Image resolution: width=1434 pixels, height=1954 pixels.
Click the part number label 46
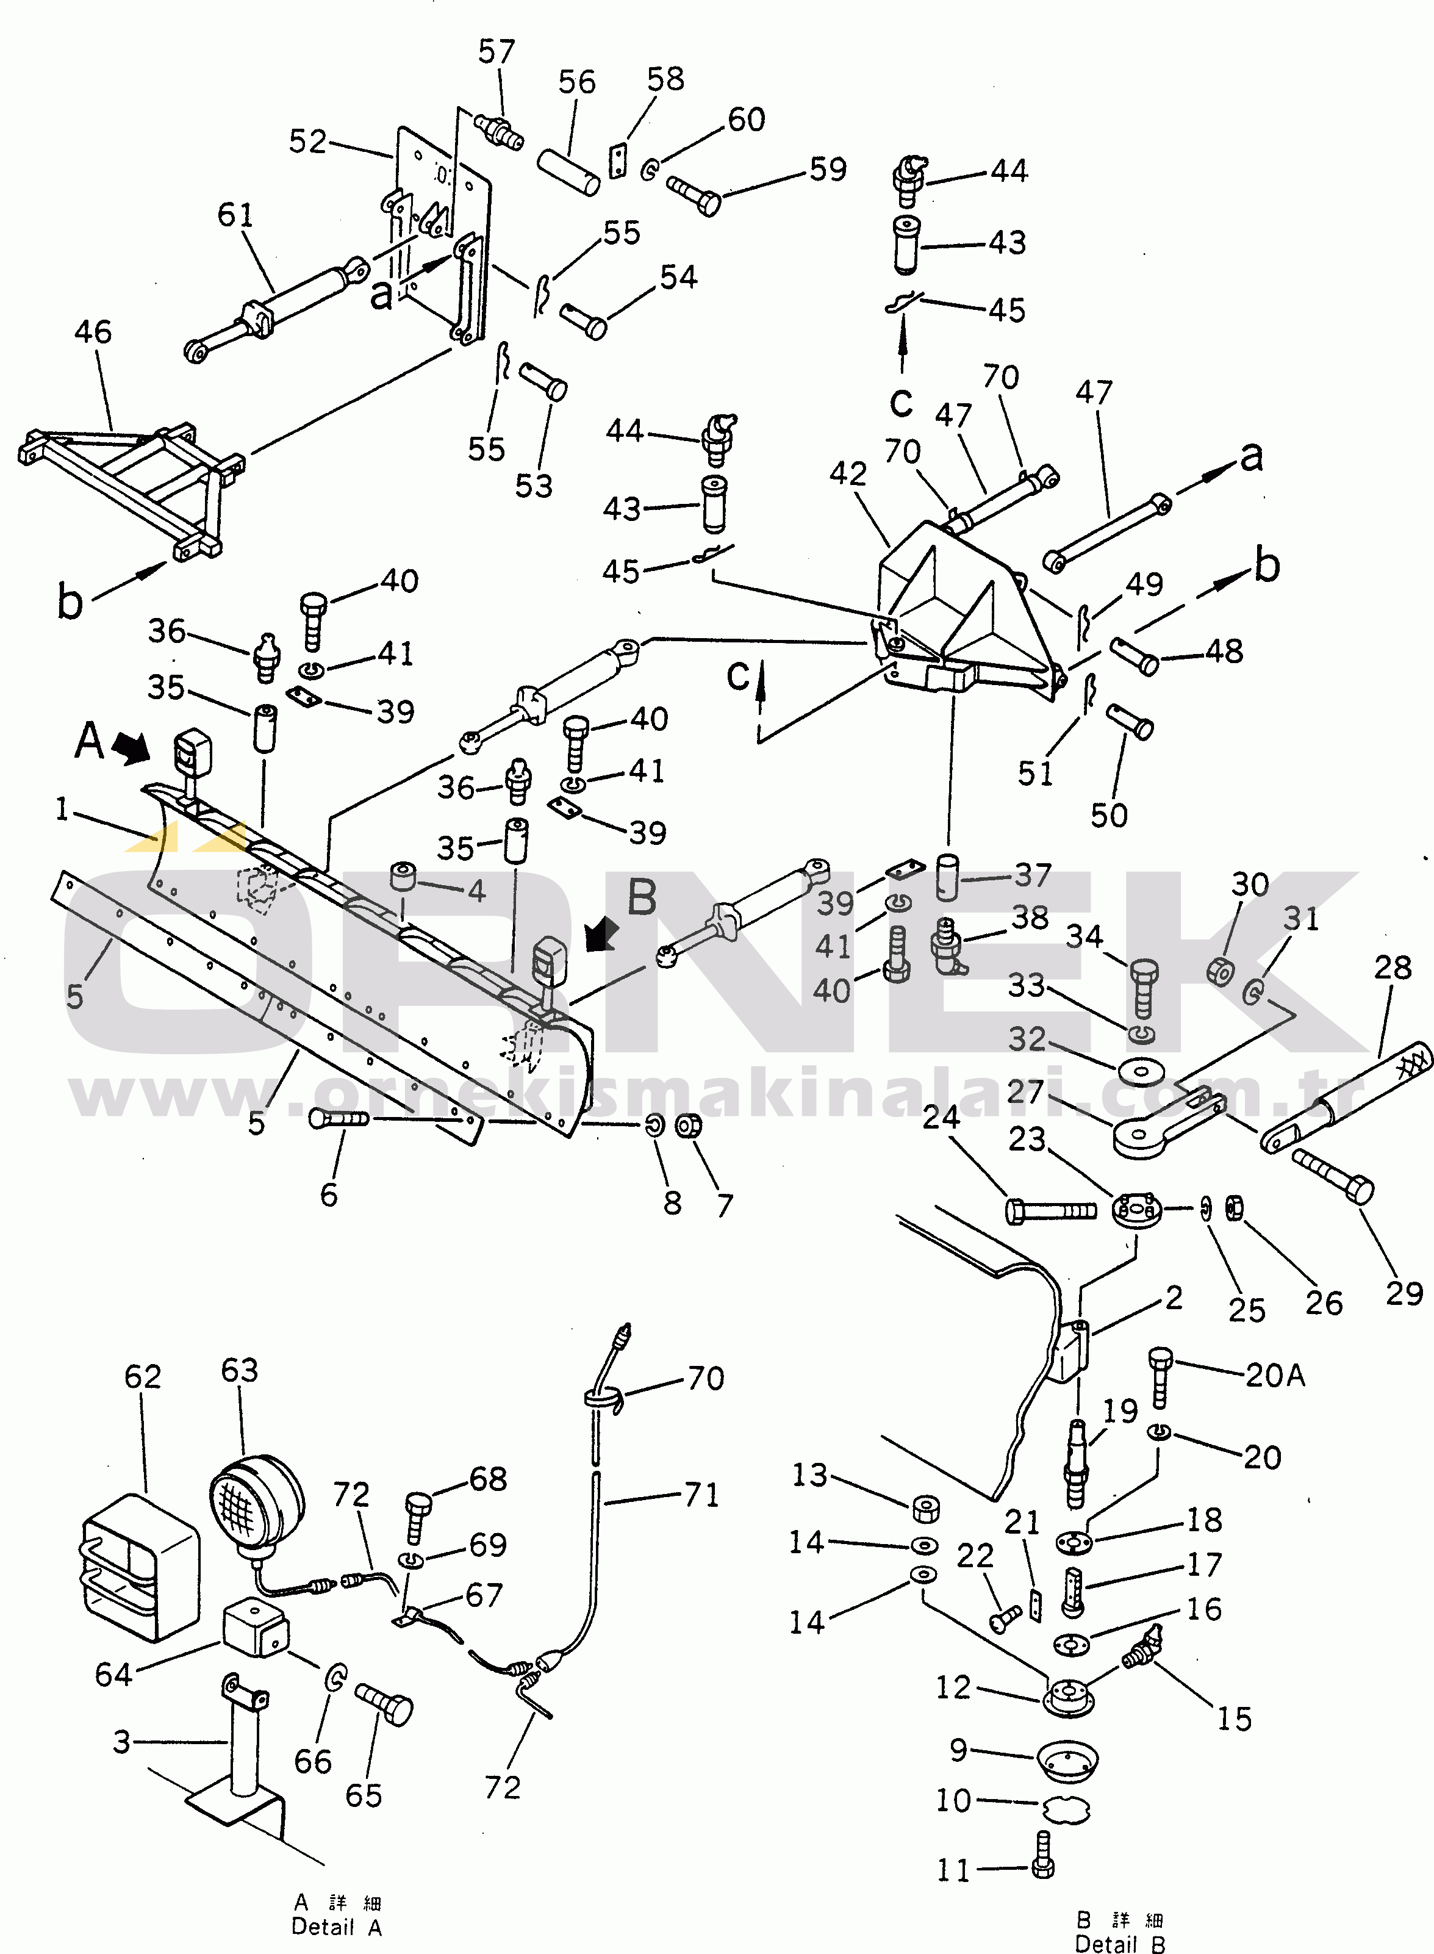(x=93, y=332)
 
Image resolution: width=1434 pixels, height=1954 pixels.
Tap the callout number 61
(x=235, y=214)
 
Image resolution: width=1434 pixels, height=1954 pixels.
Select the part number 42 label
(x=847, y=473)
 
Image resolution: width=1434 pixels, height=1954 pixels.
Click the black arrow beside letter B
(x=601, y=935)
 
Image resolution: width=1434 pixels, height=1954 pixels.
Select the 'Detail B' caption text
(x=1120, y=1944)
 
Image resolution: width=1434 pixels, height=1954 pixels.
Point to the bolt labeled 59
(x=694, y=195)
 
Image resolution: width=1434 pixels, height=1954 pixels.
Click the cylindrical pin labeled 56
(x=568, y=173)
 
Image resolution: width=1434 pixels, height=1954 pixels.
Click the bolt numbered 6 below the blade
(x=339, y=1119)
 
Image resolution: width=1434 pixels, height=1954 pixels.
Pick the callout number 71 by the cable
(x=702, y=1495)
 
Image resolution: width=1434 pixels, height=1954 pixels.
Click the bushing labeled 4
(x=404, y=876)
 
